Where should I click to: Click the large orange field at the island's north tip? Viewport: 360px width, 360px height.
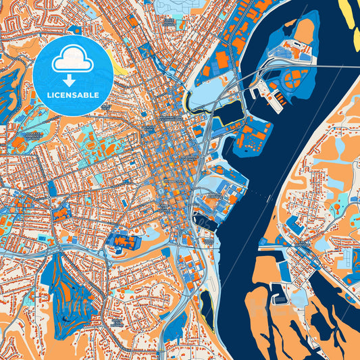pos(305,30)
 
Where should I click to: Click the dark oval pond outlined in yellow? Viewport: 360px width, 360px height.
pos(207,306)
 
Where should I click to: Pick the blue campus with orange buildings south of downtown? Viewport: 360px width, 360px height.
pos(122,242)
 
